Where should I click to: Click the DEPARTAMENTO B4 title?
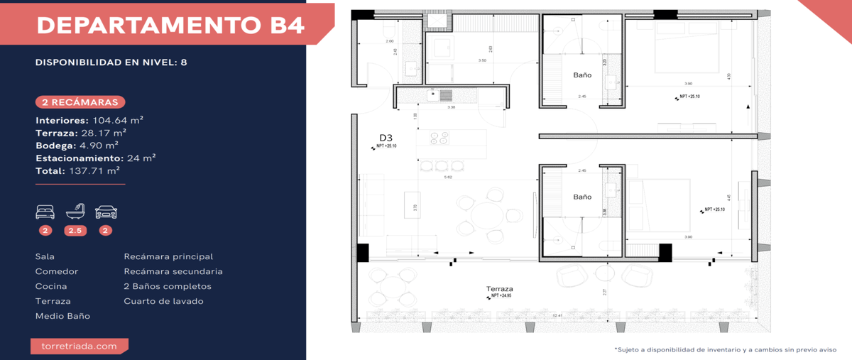tap(170, 26)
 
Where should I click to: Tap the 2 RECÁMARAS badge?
tap(80, 102)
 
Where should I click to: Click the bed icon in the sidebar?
tap(45, 212)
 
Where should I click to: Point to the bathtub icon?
tap(75, 211)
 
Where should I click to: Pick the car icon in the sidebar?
tap(106, 212)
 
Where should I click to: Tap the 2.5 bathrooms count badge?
tap(75, 230)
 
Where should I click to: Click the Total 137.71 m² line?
tap(77, 171)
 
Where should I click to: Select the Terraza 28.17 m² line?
tap(81, 133)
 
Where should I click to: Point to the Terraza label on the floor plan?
tap(500, 289)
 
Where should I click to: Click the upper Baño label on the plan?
tap(582, 75)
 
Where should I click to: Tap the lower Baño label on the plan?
tap(582, 197)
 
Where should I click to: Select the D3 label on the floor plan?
tap(386, 138)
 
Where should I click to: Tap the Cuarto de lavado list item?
tap(163, 301)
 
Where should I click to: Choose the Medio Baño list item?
tap(62, 316)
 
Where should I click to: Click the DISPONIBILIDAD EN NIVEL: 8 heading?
tap(111, 62)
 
